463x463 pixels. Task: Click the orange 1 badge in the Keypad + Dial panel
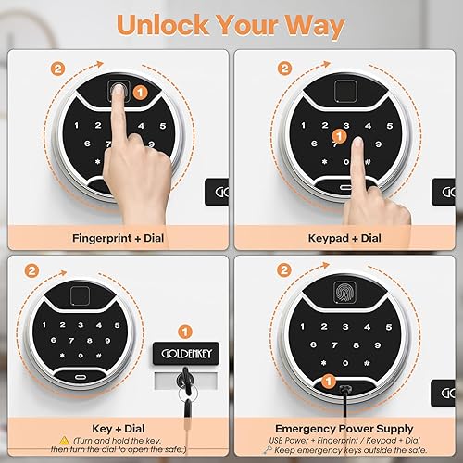pos(340,137)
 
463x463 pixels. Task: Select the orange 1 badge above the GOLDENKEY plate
pos(186,330)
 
